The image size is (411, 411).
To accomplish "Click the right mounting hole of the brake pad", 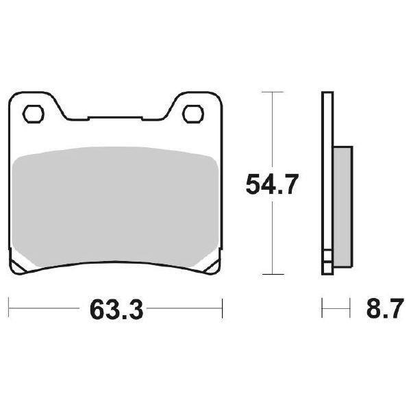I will click(197, 111).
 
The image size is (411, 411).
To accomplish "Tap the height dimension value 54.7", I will click(273, 184).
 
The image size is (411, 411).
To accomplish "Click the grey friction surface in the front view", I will click(115, 206).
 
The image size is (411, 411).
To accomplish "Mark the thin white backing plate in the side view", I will click(326, 171).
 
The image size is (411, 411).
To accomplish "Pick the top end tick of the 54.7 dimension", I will click(273, 91).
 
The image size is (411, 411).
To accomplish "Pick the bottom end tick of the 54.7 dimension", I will click(273, 275).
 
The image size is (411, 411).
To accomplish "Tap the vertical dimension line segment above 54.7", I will click(273, 130).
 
